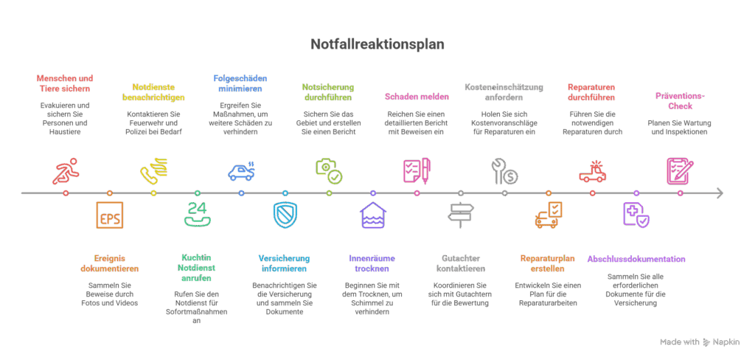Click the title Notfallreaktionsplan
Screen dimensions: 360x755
click(x=377, y=44)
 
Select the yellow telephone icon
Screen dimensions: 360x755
click(x=153, y=171)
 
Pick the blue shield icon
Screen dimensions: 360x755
click(x=285, y=215)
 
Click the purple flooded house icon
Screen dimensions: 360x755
click(x=373, y=215)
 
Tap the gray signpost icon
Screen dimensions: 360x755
click(x=461, y=215)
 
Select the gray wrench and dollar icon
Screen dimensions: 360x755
click(x=504, y=171)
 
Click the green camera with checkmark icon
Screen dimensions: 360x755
click(x=329, y=170)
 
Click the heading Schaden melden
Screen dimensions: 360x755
click(x=417, y=96)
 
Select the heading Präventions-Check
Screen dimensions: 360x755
click(x=680, y=100)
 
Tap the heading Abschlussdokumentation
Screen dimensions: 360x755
click(x=636, y=259)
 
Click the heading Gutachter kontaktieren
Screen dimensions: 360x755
click(x=461, y=263)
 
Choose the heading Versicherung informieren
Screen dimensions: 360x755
click(x=285, y=263)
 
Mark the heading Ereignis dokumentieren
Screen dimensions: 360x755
click(x=110, y=263)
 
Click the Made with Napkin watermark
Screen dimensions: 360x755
click(x=700, y=342)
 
